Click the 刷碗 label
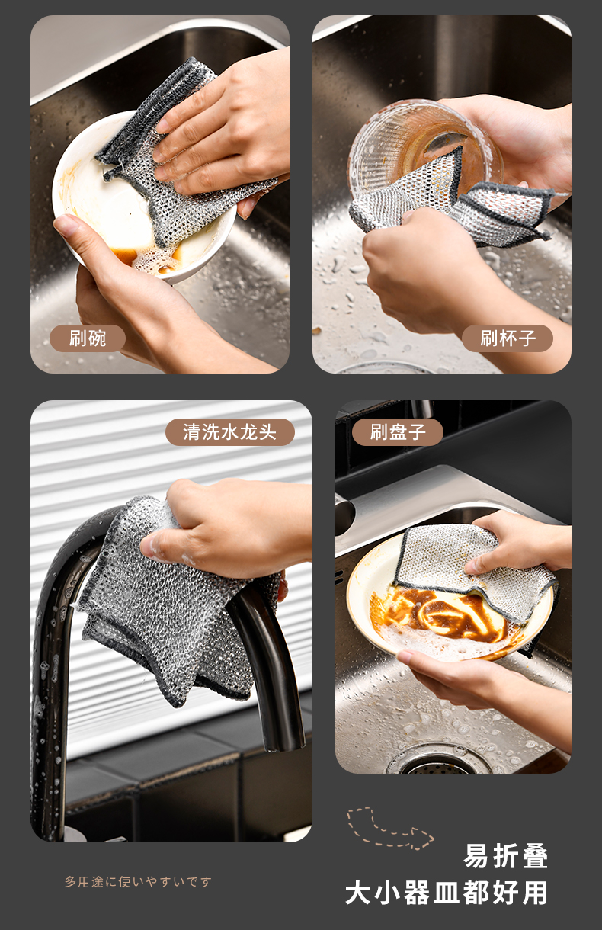(x=87, y=338)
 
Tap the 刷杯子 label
(x=508, y=338)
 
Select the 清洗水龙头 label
(x=230, y=432)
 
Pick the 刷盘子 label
(x=397, y=432)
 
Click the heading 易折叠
(x=506, y=856)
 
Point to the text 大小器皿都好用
(x=447, y=893)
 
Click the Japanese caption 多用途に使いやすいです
(x=138, y=881)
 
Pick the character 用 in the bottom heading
(x=535, y=893)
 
